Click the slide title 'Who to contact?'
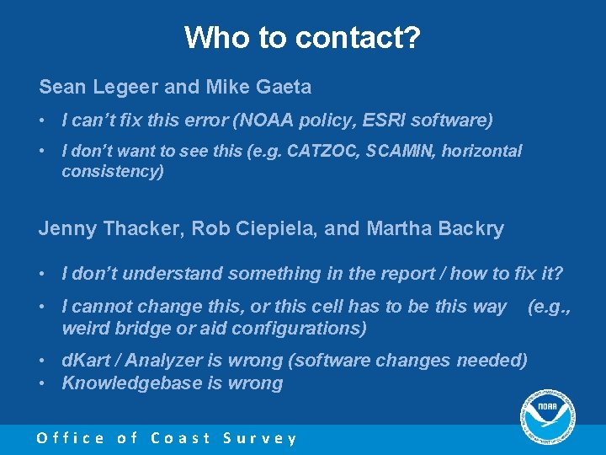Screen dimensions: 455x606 (302, 37)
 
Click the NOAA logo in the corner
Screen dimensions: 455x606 (547, 416)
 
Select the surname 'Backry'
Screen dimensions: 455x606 (468, 228)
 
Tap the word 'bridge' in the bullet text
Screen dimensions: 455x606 (139, 328)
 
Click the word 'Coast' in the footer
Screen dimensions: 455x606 (181, 438)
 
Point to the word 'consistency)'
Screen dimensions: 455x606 (113, 172)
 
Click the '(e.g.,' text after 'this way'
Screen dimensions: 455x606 (549, 306)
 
